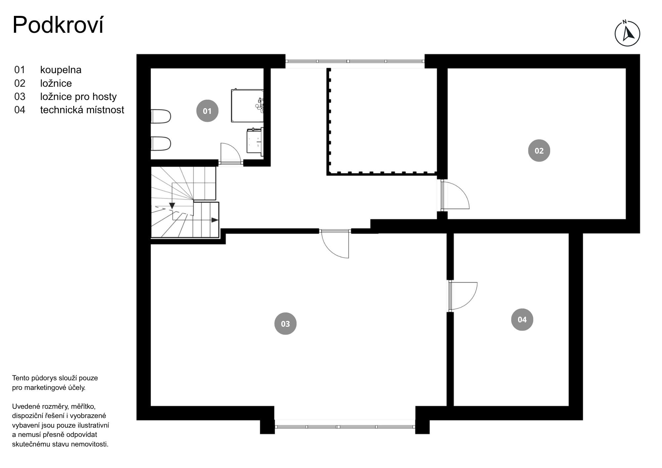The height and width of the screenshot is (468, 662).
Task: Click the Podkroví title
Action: point(58,25)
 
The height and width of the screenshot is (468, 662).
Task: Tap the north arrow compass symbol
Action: point(627,33)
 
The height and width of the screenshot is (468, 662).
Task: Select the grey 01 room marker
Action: point(207,111)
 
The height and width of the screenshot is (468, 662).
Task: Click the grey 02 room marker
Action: point(539,151)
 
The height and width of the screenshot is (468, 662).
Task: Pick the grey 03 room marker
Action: point(285,323)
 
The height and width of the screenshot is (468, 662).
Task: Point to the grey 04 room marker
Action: point(522,319)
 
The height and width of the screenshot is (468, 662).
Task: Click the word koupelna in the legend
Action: point(61,70)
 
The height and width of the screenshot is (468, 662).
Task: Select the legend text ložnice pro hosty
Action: point(78,97)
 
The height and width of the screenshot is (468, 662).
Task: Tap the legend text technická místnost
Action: point(82,110)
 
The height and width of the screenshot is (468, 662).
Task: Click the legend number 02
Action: point(20,83)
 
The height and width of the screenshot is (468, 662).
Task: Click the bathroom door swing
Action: point(230,153)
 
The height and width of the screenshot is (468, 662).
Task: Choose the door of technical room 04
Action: point(463,296)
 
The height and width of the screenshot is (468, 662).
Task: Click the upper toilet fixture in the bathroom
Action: point(161,117)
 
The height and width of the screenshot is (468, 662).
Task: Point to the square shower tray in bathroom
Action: point(247,105)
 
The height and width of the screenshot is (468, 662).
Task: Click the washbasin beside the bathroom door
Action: point(255,141)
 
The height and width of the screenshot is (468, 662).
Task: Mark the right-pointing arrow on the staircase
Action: point(214,220)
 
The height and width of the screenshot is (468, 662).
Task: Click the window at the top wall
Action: point(355,61)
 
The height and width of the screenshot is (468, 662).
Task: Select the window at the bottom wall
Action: point(345,427)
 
